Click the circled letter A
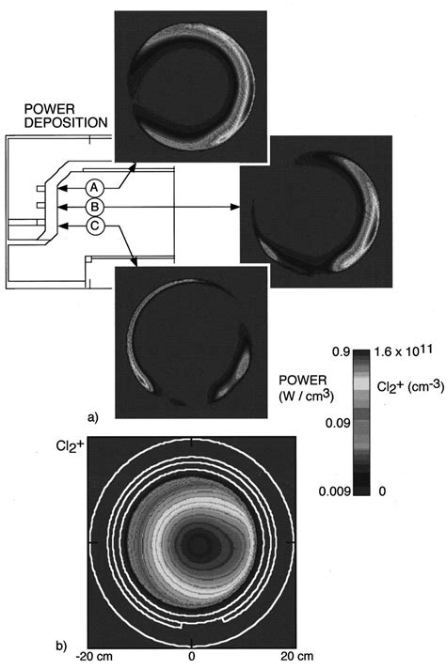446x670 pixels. (95, 186)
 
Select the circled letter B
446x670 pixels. (95, 206)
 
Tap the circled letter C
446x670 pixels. (95, 225)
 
